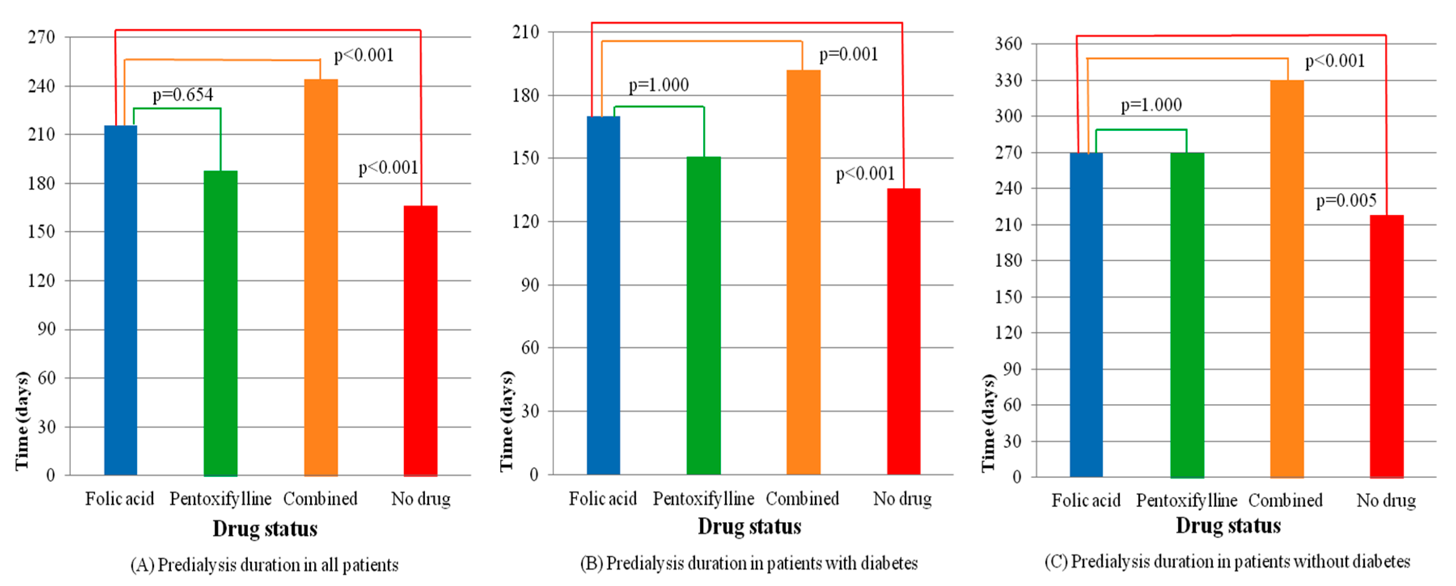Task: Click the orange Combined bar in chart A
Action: (321, 277)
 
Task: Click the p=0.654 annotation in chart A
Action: (183, 95)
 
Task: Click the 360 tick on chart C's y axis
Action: (1008, 44)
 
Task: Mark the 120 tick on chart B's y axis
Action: (525, 221)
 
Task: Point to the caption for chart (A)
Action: (264, 565)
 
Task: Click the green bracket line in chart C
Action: (1141, 130)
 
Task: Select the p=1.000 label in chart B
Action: (659, 85)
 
